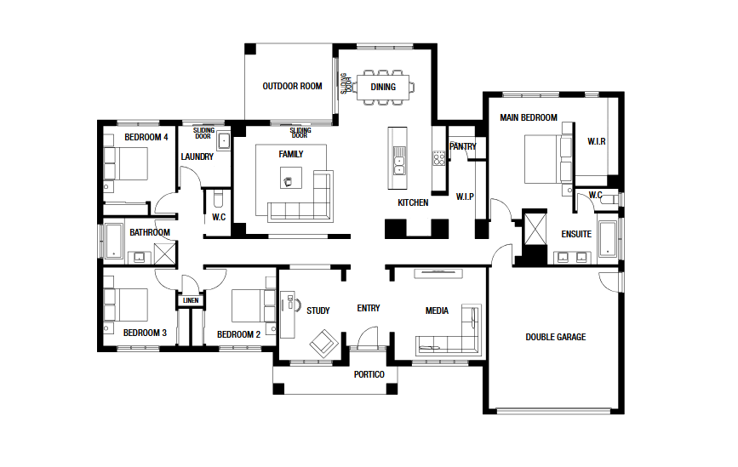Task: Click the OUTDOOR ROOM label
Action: (x=292, y=86)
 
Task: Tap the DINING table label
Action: (x=383, y=87)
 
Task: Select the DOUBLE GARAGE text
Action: (x=556, y=337)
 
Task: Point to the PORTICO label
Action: (x=369, y=374)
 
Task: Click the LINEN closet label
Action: (x=191, y=300)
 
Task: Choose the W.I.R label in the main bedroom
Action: (x=597, y=141)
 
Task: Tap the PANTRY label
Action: (x=463, y=146)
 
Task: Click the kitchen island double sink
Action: (x=398, y=161)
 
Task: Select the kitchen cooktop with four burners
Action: (x=439, y=157)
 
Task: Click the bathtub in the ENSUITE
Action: (x=607, y=238)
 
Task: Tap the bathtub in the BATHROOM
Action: (x=113, y=241)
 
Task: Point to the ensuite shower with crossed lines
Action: (x=535, y=230)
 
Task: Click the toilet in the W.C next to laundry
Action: (x=219, y=199)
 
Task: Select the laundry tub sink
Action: (x=224, y=141)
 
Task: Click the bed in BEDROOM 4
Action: (x=126, y=163)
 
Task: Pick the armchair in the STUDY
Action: (x=323, y=343)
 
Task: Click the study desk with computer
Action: (x=288, y=314)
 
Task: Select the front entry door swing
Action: (x=368, y=337)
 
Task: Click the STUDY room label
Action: (x=318, y=310)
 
